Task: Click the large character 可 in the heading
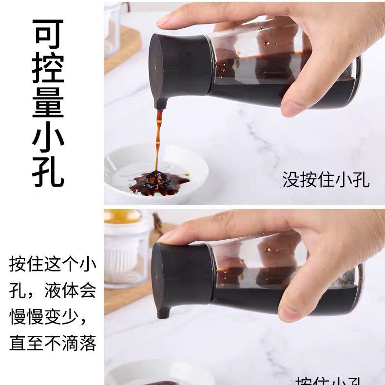(48, 33)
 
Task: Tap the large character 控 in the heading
(48, 68)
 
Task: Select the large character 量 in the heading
(48, 102)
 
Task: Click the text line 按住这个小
(53, 265)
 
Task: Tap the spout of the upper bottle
(160, 103)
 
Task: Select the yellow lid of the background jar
(122, 216)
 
